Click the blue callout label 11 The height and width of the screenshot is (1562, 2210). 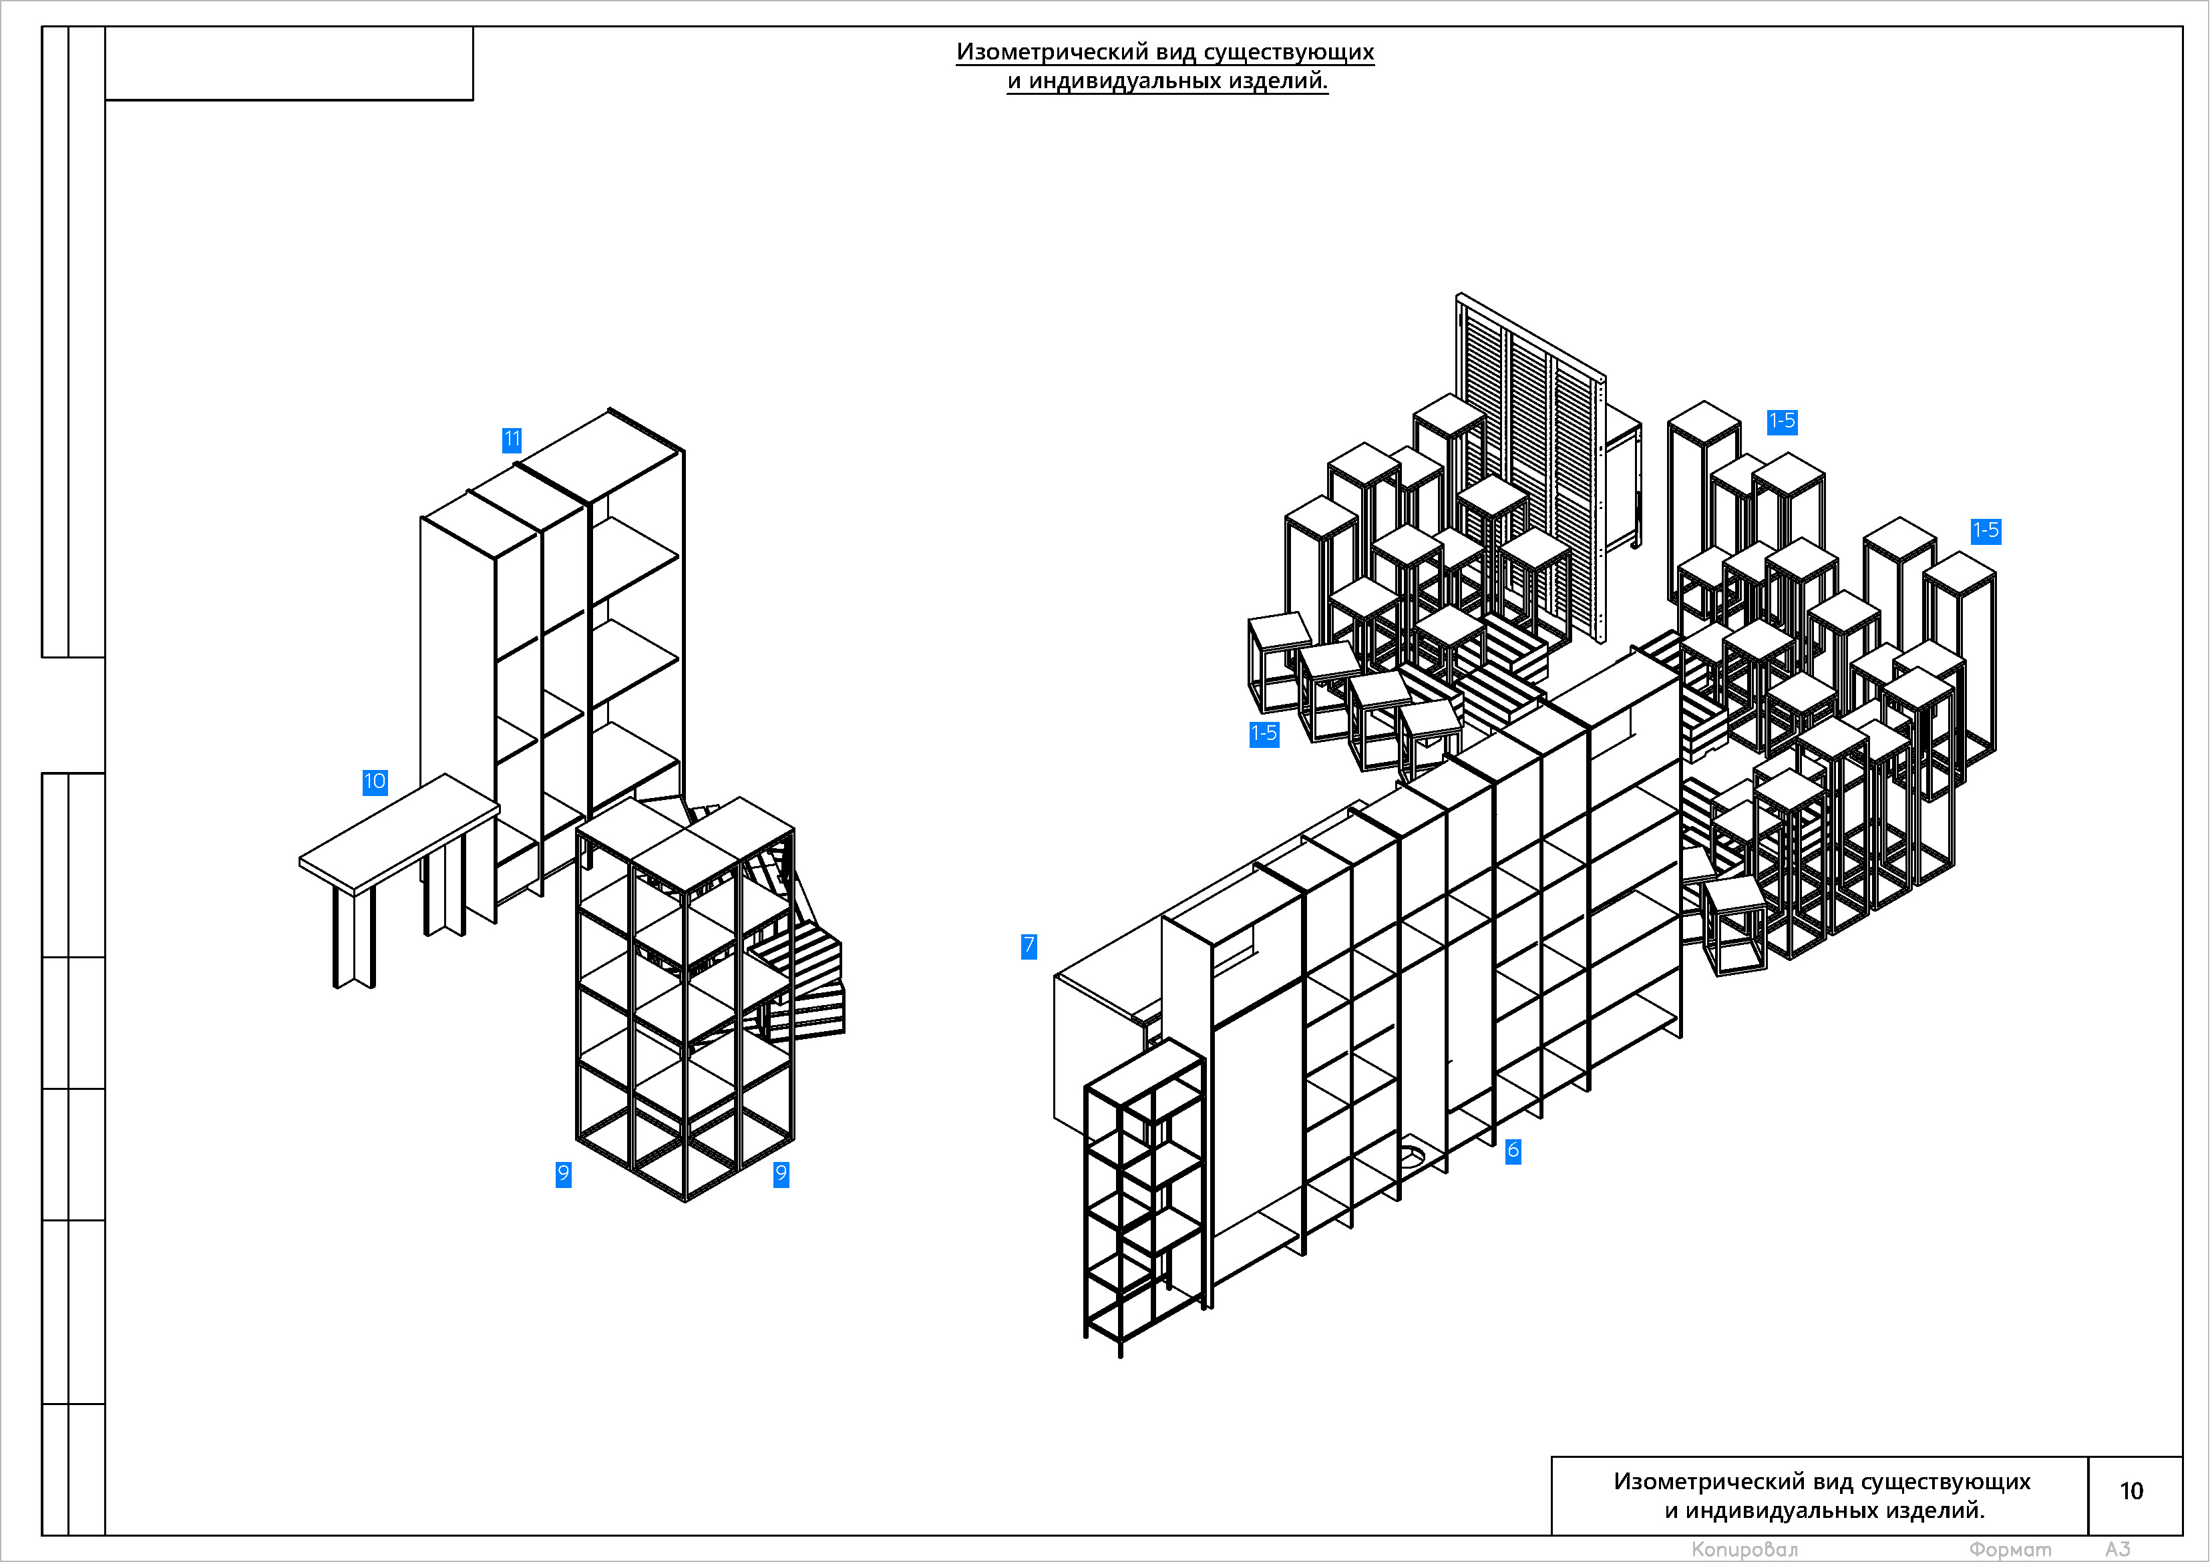(x=512, y=440)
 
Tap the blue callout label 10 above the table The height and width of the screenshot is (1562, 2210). (x=375, y=781)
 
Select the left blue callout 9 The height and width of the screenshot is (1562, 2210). (x=563, y=1174)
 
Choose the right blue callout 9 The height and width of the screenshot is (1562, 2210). (x=781, y=1174)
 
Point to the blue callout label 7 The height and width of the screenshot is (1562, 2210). (x=1029, y=946)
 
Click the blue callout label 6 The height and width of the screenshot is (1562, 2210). (x=1513, y=1150)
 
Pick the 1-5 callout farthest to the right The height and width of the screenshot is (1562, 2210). (x=1986, y=530)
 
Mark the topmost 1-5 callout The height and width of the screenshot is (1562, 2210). (x=1782, y=421)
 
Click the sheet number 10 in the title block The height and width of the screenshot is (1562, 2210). (x=2131, y=1491)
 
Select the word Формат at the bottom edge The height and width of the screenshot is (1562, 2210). (x=2010, y=1549)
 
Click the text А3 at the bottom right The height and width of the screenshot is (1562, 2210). (x=2118, y=1549)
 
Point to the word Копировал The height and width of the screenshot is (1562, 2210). (x=1744, y=1549)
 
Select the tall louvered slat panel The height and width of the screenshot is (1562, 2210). (x=1531, y=467)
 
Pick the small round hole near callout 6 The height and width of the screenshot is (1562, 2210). (x=1411, y=1154)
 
